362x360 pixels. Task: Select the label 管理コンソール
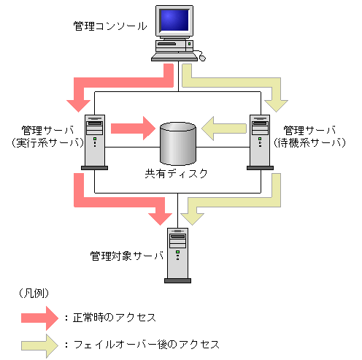coord(111,27)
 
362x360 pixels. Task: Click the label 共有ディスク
coord(177,174)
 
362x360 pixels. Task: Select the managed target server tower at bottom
coord(177,255)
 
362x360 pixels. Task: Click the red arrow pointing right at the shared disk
coord(131,129)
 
